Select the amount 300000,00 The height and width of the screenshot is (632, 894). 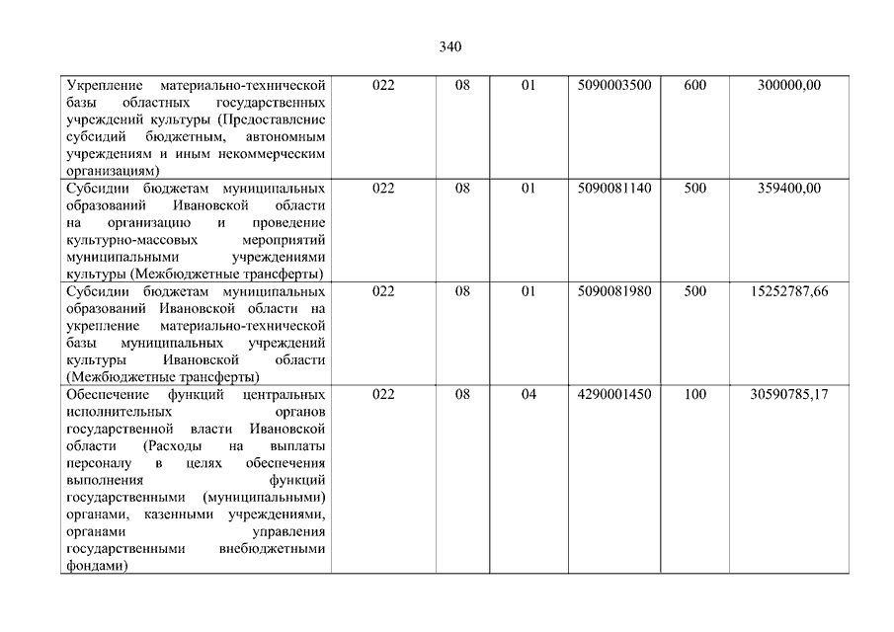pyautogui.click(x=788, y=86)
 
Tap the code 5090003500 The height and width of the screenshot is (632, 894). pyautogui.click(x=614, y=86)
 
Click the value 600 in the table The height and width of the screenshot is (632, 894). pyautogui.click(x=694, y=86)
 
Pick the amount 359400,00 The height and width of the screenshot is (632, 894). pyautogui.click(x=788, y=189)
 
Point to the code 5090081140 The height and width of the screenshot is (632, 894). pyautogui.click(x=614, y=189)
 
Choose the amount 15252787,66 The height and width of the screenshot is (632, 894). pyautogui.click(x=788, y=291)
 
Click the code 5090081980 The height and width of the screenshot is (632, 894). pyautogui.click(x=614, y=291)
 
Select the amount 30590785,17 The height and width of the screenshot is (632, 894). pyautogui.click(x=788, y=394)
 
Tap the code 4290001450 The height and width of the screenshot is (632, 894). pyautogui.click(x=614, y=394)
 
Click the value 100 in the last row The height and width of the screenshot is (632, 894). pyautogui.click(x=694, y=394)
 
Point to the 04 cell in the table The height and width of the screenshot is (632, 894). pyautogui.click(x=528, y=394)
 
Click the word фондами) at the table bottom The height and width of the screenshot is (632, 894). pyautogui.click(x=97, y=566)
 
